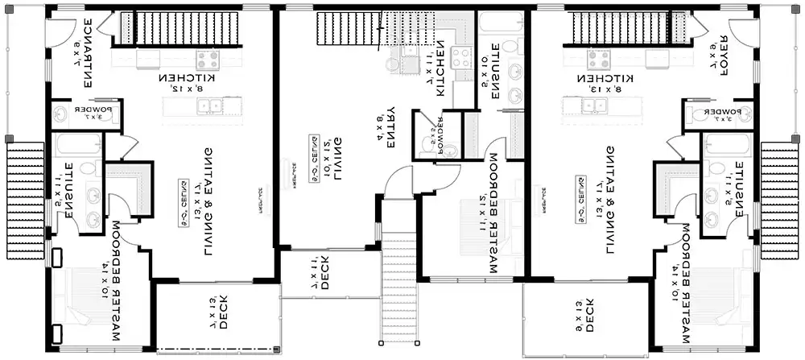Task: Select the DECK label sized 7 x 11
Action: (321, 273)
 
